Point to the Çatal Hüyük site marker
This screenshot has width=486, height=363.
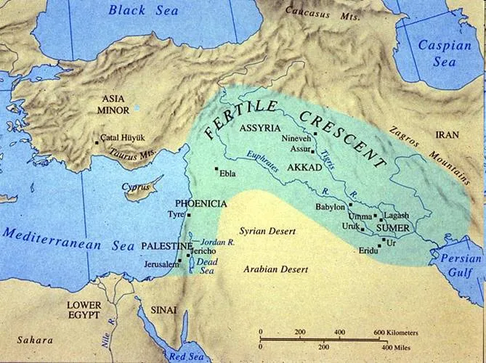tap(97, 143)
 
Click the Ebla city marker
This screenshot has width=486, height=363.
tap(216, 169)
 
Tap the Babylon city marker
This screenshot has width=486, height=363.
tap(349, 205)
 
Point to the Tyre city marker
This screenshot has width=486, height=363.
tap(189, 214)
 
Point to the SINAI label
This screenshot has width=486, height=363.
tap(164, 310)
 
